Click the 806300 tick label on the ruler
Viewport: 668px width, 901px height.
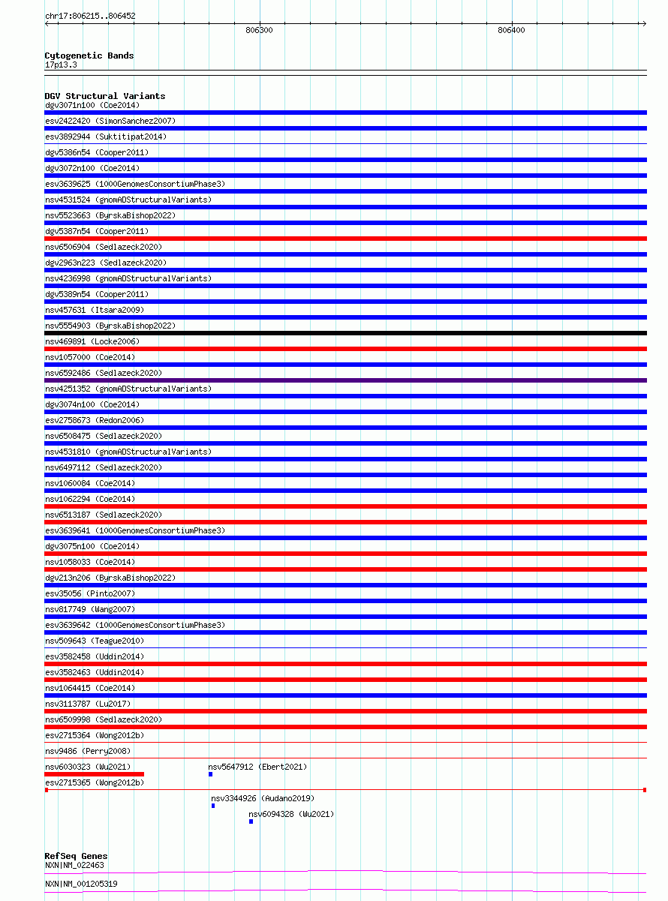[259, 31]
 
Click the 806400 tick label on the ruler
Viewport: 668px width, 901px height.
[511, 31]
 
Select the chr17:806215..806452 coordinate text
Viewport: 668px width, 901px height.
[90, 16]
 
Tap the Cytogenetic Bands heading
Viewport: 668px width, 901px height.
[89, 56]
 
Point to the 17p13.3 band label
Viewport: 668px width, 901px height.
[61, 65]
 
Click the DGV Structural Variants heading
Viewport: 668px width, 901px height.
[105, 96]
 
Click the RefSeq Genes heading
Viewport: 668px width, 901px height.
[76, 856]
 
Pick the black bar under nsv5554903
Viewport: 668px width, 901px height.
[345, 333]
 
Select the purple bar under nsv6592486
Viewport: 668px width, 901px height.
[345, 380]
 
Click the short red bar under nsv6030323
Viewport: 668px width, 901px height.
[95, 774]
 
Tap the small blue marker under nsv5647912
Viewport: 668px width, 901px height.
[210, 774]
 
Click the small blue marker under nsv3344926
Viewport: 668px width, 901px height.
[213, 806]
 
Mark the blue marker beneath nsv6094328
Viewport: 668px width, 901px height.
[251, 821]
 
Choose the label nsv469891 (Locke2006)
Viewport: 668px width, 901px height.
[92, 341]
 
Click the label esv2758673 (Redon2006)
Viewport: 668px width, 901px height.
[95, 420]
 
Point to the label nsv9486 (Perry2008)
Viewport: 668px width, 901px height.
[87, 751]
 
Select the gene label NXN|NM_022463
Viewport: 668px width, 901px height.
[74, 865]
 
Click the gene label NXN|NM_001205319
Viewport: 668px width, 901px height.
[81, 884]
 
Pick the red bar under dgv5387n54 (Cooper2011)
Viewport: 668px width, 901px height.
[345, 239]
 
